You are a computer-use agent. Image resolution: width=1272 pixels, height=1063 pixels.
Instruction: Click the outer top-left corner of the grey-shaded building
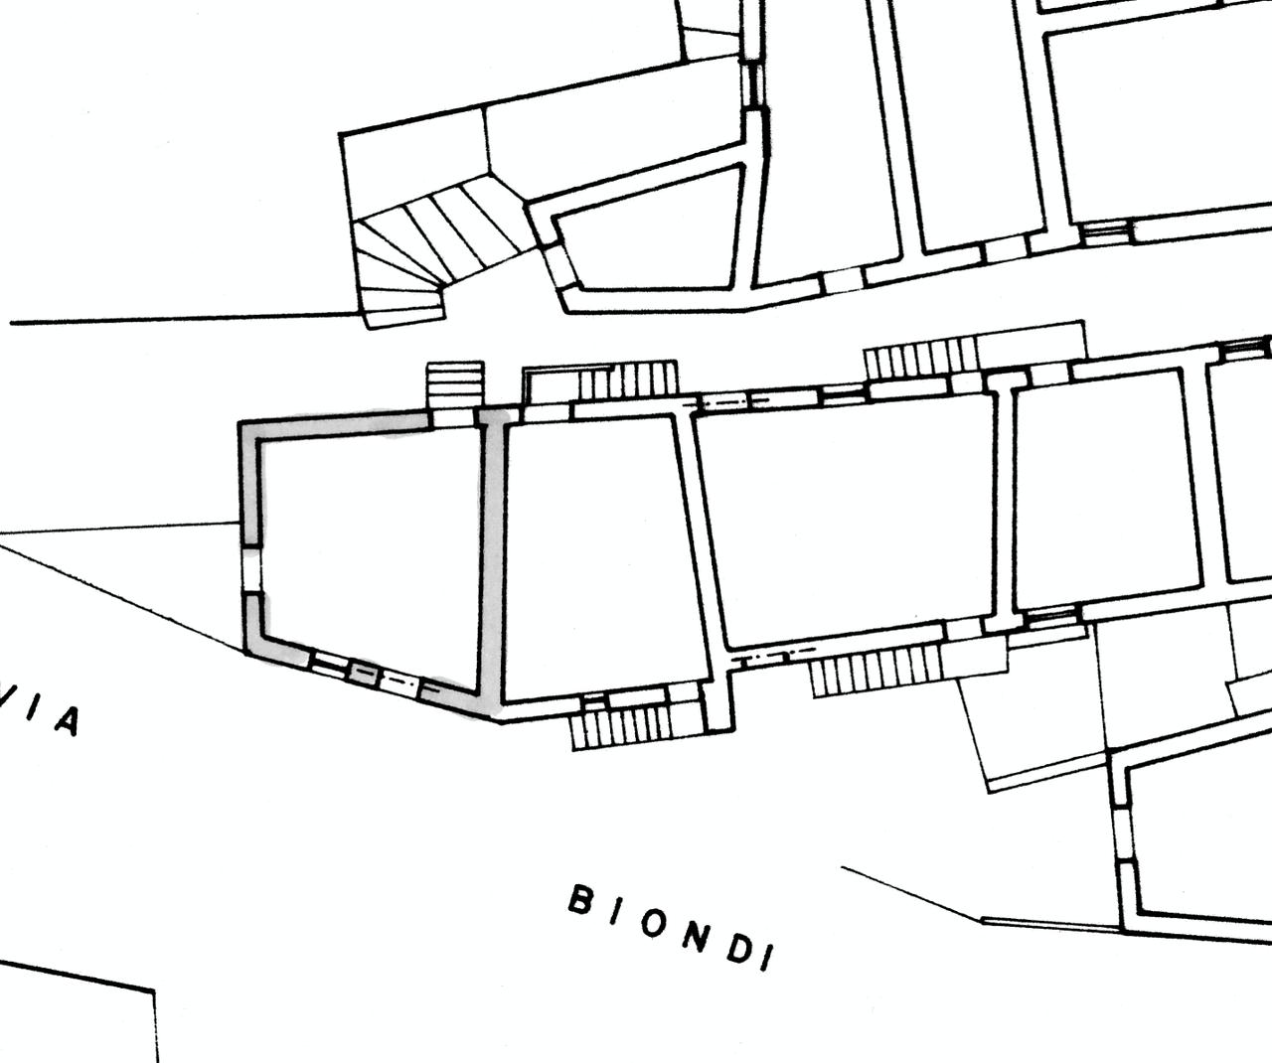238,421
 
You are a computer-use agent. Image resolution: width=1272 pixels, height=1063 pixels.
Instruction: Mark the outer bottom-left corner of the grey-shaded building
246,654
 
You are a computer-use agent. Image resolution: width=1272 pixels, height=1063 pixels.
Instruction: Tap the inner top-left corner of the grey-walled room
259,440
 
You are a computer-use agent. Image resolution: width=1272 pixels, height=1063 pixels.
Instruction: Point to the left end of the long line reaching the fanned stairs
11,323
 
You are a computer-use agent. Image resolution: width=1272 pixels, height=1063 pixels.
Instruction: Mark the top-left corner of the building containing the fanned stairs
340,133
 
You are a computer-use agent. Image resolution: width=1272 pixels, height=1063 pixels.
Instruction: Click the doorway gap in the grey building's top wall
453,418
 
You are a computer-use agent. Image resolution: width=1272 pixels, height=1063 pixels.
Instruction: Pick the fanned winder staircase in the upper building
438,249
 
